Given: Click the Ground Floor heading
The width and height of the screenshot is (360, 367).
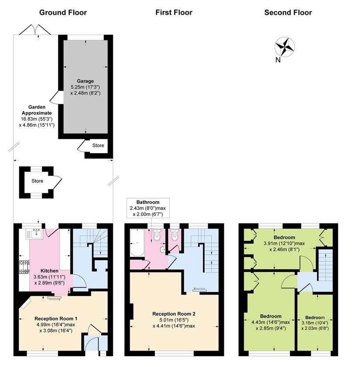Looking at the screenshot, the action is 63,12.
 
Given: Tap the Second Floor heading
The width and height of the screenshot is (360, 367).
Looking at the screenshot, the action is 288,12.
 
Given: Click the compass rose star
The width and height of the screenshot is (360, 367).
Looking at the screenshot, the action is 285,47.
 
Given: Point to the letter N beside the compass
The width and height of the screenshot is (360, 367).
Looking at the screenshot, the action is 278,60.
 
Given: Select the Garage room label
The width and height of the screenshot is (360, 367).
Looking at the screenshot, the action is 85,81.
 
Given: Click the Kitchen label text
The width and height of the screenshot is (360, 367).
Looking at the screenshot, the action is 49,271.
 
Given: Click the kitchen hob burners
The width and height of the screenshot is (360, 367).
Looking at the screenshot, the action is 24,267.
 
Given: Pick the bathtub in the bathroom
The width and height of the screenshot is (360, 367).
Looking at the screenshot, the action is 137,243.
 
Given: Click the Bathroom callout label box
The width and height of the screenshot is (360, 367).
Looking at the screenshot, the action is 148,208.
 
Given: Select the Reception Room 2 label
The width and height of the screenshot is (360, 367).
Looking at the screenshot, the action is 174,314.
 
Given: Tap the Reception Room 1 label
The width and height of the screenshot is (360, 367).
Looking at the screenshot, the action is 56,319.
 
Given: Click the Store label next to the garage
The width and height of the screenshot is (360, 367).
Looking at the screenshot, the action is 98,145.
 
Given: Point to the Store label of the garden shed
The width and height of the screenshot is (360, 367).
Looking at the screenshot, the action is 37,181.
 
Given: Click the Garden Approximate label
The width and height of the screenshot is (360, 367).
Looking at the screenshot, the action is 37,110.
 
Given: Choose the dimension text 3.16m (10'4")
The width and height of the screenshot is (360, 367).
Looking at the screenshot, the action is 315,323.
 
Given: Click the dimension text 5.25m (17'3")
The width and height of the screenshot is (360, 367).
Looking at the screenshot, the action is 85,87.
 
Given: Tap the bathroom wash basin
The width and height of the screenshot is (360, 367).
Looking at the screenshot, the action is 163,250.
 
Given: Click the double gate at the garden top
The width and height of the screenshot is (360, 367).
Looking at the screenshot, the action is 35,30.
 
